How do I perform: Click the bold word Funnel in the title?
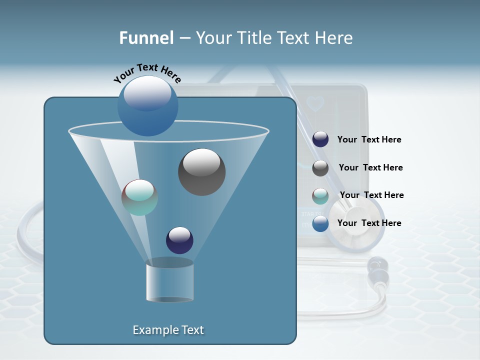coord(146,38)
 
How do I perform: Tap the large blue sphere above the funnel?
coord(147,105)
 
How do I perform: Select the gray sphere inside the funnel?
coord(201,172)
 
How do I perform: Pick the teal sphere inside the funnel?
coord(139,197)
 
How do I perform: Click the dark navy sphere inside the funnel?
coord(179,240)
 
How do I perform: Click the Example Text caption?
coord(168,330)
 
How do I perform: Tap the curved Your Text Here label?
coord(147,72)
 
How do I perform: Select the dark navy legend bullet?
coord(320,139)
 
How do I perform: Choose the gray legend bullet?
coord(320,168)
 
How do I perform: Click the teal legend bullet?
coord(320,196)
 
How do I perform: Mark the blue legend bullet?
coord(320,223)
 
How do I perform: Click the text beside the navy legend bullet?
coord(369,139)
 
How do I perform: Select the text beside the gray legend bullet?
coord(370,167)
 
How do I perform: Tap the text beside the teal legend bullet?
coord(371,195)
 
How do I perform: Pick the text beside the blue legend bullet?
coord(369,223)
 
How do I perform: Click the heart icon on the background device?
coord(315,104)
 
